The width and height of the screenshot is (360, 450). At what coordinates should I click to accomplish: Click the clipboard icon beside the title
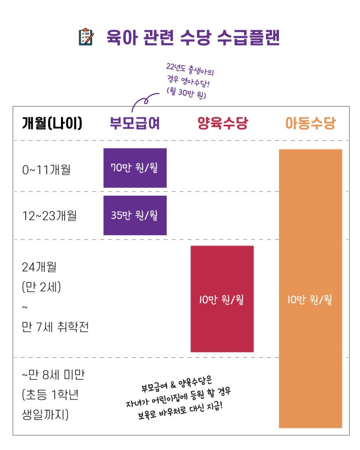click(x=87, y=38)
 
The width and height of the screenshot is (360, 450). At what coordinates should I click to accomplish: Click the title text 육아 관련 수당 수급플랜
click(x=193, y=38)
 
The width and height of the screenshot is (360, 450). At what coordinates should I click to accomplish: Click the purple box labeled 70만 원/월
click(x=135, y=168)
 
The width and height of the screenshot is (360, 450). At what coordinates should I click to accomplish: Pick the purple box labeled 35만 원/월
click(x=135, y=215)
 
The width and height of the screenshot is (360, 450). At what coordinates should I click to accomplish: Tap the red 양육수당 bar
click(x=222, y=299)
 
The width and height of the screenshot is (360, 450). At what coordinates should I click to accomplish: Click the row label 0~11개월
click(x=46, y=169)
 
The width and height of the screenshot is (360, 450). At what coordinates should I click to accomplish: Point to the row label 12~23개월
click(x=49, y=216)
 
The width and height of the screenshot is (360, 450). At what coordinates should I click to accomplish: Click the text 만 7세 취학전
click(x=55, y=327)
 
